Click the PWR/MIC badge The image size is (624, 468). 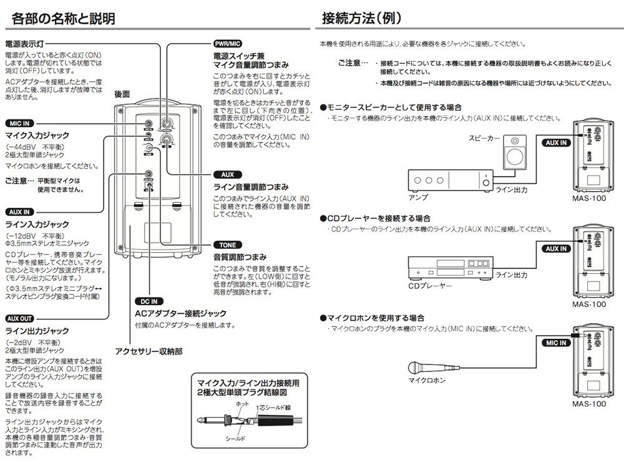pyautogui.click(x=227, y=43)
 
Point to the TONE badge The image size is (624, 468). pyautogui.click(x=227, y=245)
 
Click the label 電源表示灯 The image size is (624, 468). pyautogui.click(x=24, y=45)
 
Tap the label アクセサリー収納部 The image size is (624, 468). pyautogui.click(x=149, y=351)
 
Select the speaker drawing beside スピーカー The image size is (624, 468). pyautogui.click(x=515, y=150)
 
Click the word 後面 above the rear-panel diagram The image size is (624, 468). pyautogui.click(x=122, y=94)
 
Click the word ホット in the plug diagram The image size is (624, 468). pyautogui.click(x=242, y=404)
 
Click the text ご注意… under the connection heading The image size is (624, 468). pyautogui.click(x=352, y=63)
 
